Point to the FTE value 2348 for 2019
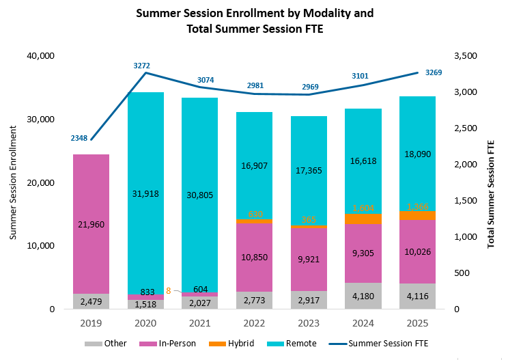click(79, 139)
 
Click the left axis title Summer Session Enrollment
click(13, 182)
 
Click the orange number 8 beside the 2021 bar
click(168, 290)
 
